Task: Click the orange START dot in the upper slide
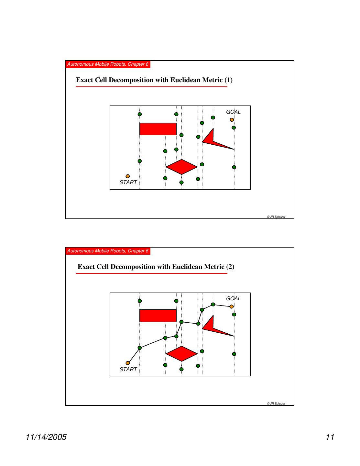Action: [127, 176]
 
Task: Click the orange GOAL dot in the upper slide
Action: [232, 120]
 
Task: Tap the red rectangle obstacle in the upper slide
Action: [158, 129]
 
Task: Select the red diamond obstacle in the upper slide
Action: [181, 167]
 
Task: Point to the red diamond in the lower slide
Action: [181, 354]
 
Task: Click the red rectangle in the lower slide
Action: [158, 316]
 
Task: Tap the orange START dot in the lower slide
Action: [127, 363]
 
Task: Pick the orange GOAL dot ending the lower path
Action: [232, 306]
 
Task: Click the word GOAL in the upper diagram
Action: [233, 112]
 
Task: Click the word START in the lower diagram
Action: [128, 369]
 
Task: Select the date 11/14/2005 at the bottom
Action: [46, 437]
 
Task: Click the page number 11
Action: [330, 437]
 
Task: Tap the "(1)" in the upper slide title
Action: [228, 80]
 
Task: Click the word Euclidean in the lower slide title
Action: [188, 267]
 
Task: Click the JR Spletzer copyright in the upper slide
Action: [276, 217]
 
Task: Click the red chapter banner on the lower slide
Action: [108, 251]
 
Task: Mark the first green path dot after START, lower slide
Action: [140, 348]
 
